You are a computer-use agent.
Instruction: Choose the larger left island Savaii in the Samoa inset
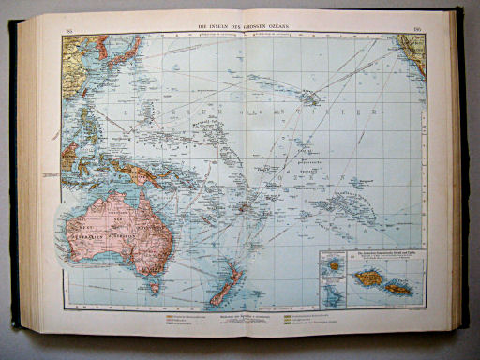(367, 278)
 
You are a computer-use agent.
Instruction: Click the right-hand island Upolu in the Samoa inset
(398, 285)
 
